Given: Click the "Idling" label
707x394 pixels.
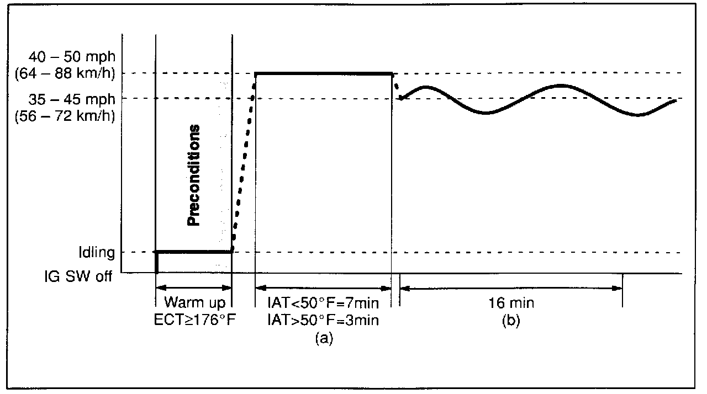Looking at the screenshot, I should [97, 253].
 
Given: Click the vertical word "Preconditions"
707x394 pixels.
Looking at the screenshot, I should [193, 175].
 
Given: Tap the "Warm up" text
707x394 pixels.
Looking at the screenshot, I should [193, 303].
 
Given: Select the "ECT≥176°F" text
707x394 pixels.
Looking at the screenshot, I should [194, 320].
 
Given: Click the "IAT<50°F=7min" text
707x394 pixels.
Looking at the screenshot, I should [323, 303].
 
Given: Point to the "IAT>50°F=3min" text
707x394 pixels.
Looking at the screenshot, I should [323, 320].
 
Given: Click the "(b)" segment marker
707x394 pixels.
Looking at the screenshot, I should [510, 320].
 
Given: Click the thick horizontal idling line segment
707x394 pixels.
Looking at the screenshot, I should [193, 252].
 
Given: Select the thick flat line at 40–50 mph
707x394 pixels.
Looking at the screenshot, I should [323, 73].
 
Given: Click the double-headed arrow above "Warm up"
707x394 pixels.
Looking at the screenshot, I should [193, 287].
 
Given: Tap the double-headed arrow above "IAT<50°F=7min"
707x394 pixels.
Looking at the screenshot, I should [323, 287].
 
